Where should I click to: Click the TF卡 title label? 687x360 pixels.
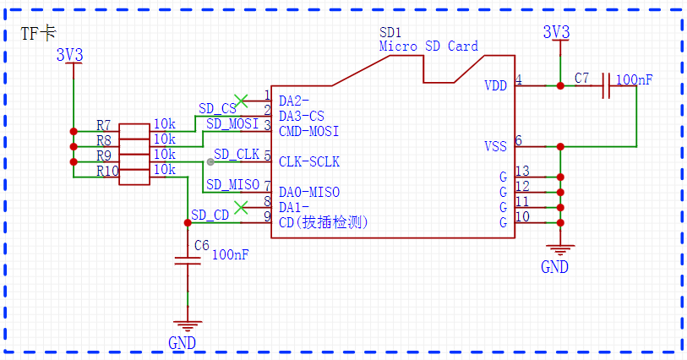coord(39,33)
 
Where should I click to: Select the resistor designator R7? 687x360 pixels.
coord(103,125)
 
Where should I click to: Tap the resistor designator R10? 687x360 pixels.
coord(107,171)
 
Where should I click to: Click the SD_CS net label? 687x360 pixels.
coord(217,109)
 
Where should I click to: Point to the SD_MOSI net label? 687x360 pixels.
coord(232,124)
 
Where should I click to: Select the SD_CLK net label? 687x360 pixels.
coord(237,154)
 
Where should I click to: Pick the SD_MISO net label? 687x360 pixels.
coord(232,184)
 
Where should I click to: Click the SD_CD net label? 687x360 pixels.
coord(210,215)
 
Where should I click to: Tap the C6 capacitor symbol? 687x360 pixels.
coord(188,261)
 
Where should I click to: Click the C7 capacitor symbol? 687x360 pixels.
coord(607,86)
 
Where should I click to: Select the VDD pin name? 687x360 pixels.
coord(495,86)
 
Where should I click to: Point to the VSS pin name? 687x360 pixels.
coord(495,146)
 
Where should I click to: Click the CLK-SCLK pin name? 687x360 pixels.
coord(309,161)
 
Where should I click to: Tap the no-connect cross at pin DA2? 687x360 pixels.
coord(241,101)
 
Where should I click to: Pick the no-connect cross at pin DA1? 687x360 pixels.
coord(241,208)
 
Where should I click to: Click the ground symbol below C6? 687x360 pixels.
coord(188,326)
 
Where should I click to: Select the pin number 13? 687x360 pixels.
coord(522,171)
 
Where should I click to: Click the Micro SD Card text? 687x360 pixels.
coord(428,46)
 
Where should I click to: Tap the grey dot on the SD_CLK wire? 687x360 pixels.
coord(210,162)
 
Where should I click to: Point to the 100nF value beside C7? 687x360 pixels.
coord(634,79)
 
